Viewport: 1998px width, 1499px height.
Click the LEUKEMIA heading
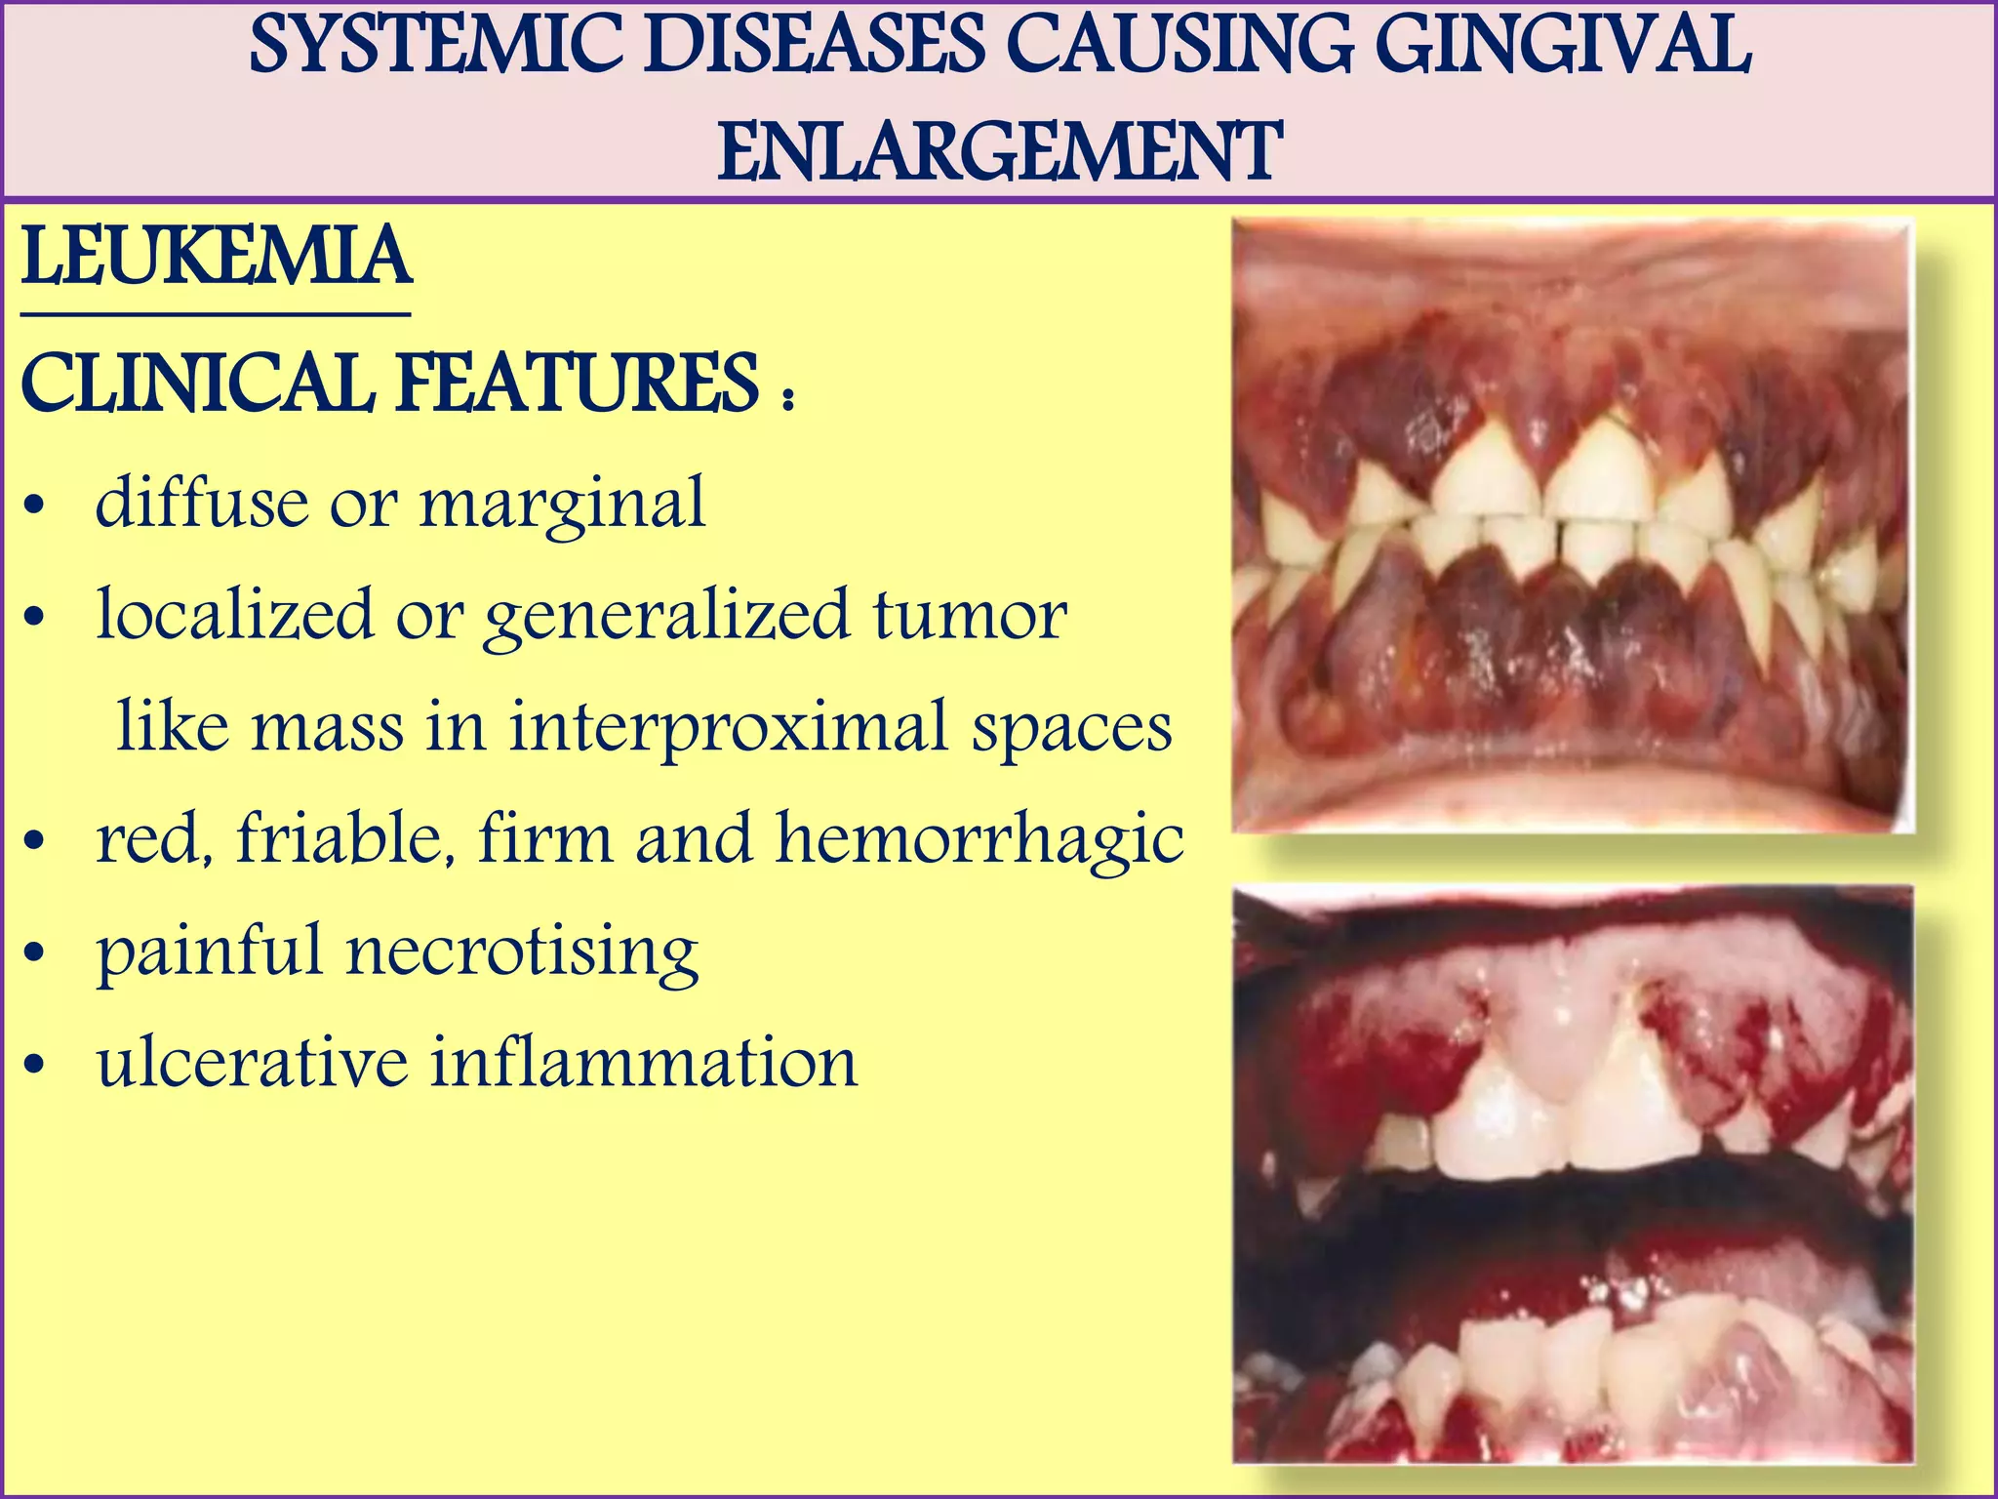(216, 257)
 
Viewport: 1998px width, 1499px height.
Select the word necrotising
(522, 952)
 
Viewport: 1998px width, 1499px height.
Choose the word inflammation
(644, 1063)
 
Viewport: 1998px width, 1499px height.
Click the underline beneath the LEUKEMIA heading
(216, 315)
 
